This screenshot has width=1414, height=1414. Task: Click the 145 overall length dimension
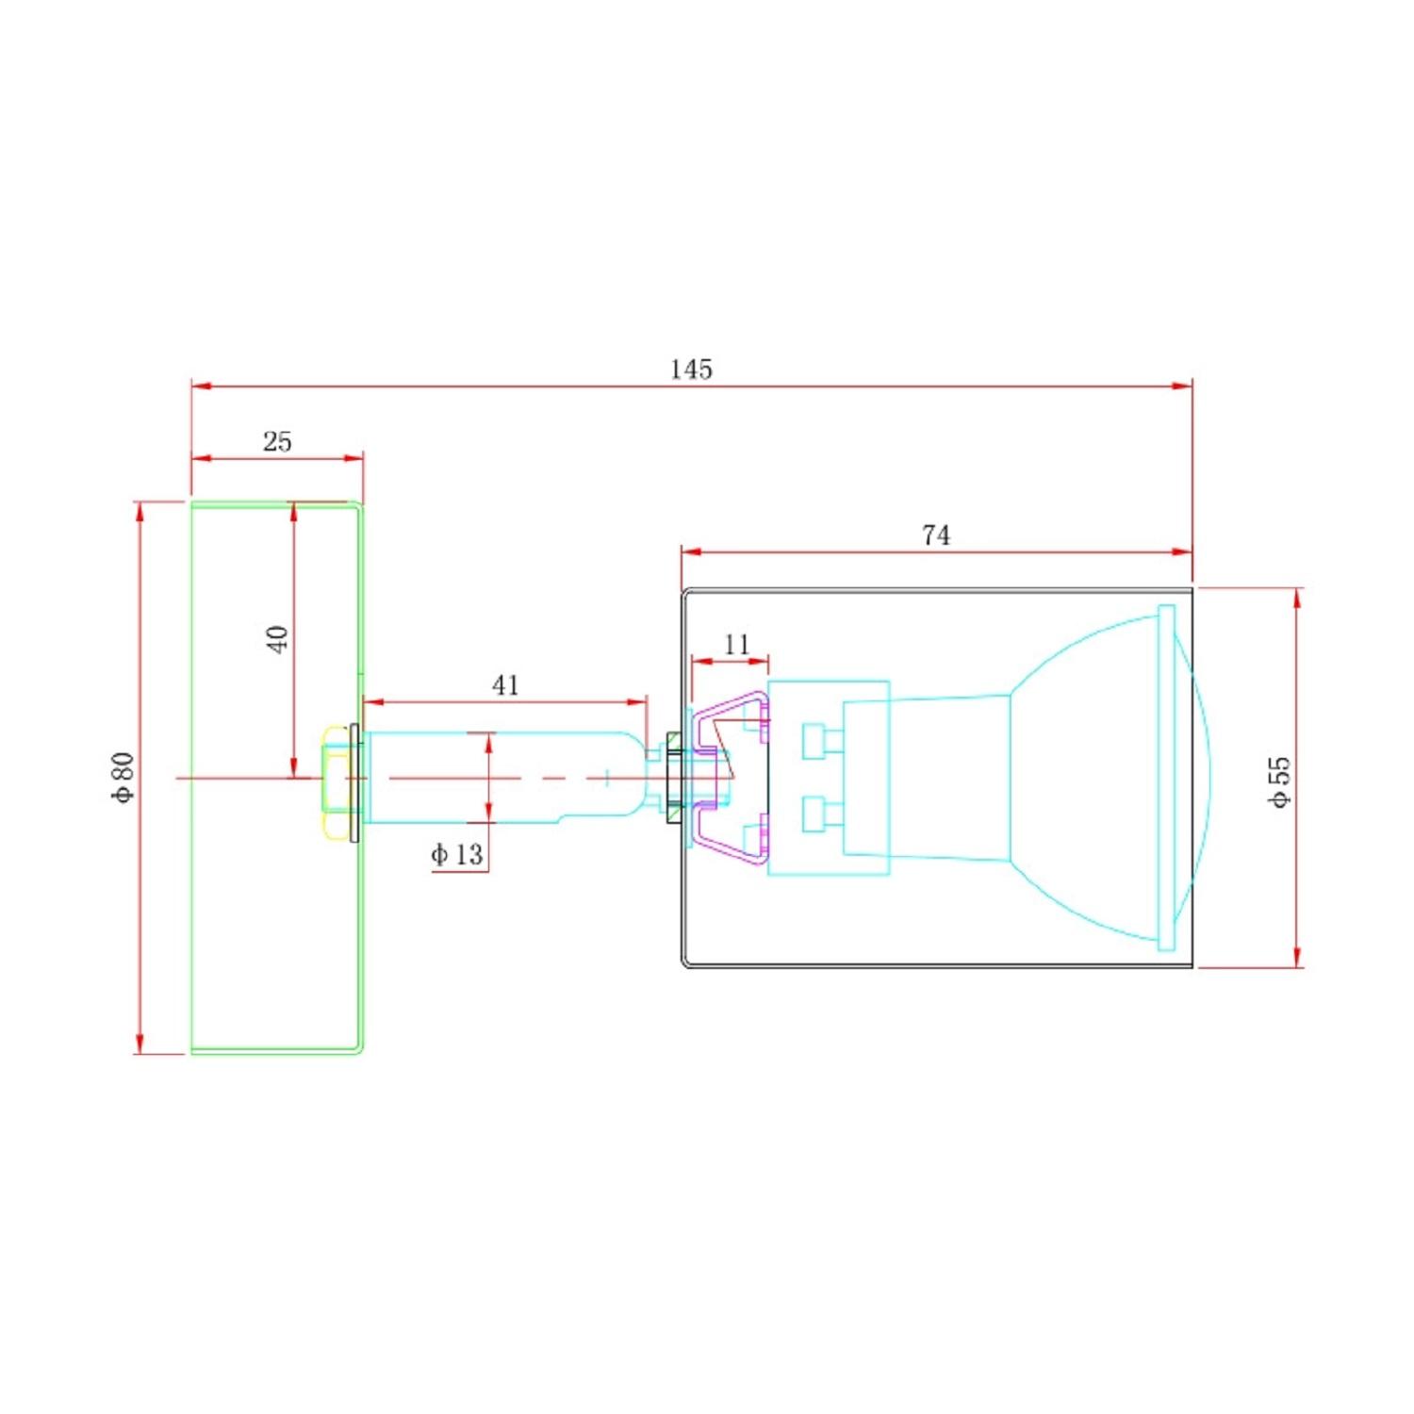pyautogui.click(x=691, y=370)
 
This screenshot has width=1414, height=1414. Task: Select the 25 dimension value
pyautogui.click(x=277, y=441)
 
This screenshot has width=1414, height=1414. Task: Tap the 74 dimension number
pyautogui.click(x=936, y=535)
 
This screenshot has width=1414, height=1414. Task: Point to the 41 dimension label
pyautogui.click(x=505, y=685)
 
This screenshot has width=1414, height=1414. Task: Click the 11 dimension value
pyautogui.click(x=737, y=645)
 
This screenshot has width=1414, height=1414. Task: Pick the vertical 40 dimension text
pyautogui.click(x=277, y=639)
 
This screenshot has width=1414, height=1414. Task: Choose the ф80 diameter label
pyautogui.click(x=123, y=777)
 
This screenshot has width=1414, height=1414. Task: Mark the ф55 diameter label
pyautogui.click(x=1279, y=781)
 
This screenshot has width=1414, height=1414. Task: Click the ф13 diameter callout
pyautogui.click(x=457, y=855)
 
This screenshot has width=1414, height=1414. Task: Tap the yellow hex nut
pyautogui.click(x=335, y=781)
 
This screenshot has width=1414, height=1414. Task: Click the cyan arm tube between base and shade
pyautogui.click(x=500, y=778)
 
